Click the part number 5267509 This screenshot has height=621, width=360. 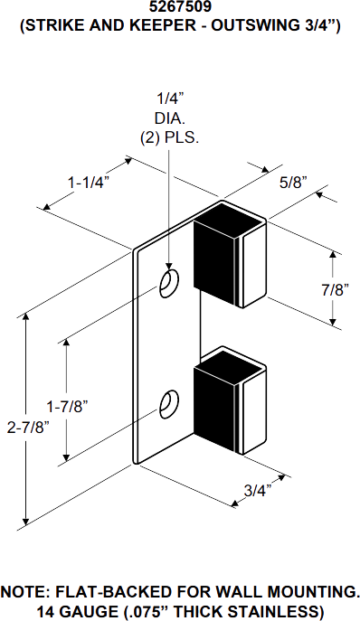coord(181,9)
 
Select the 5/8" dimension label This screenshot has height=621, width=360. coord(293,182)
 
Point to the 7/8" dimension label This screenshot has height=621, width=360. coord(335,289)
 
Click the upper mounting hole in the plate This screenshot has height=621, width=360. coord(168,284)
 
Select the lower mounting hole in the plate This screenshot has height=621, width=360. coord(168,404)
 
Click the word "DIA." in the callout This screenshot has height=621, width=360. coord(168,118)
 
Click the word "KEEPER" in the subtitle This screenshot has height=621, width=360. coord(152,29)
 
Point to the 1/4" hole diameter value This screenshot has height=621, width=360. coord(168,99)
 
